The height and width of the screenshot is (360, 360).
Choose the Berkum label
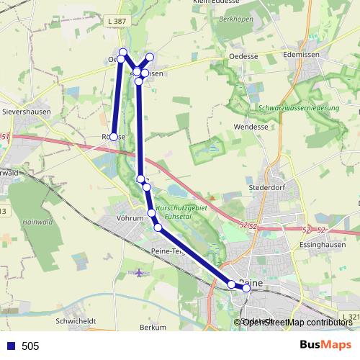[x=153, y=327]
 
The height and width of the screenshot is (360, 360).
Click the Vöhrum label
[x=130, y=217]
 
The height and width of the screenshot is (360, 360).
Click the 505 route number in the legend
[x=30, y=346]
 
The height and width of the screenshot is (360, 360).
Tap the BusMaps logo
[x=325, y=345]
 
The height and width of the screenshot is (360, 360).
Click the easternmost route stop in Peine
[x=246, y=288]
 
